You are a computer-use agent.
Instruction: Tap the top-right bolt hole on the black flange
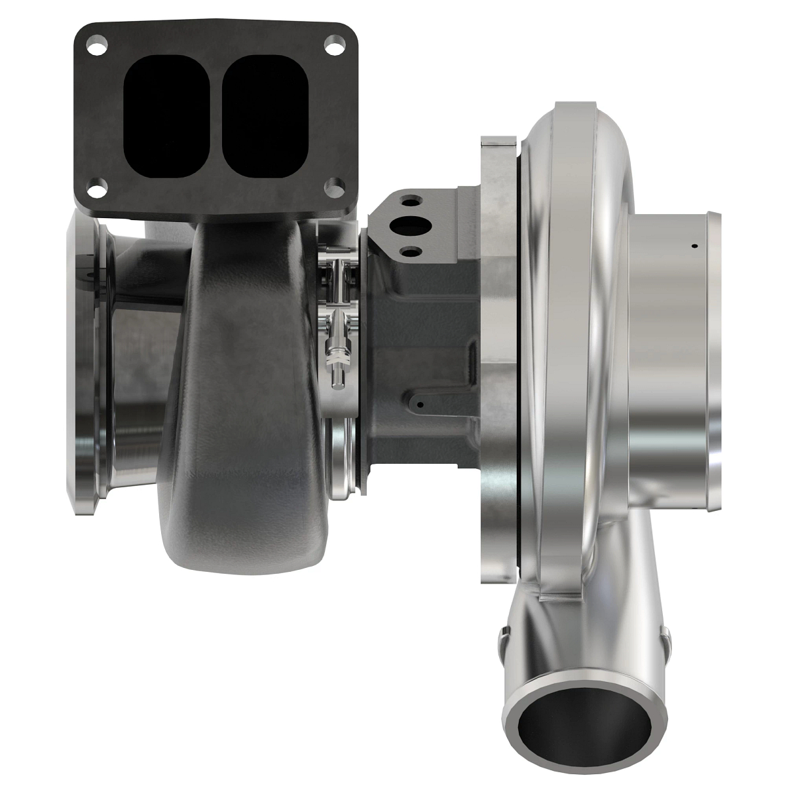335,48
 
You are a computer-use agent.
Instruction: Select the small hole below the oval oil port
410,251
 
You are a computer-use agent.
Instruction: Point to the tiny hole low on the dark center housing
420,405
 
